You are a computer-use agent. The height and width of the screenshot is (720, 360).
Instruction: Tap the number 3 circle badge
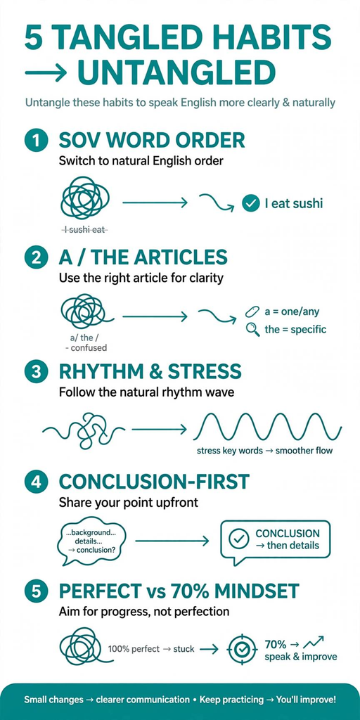click(x=37, y=373)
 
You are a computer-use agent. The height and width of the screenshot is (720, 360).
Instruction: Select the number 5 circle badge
click(x=37, y=591)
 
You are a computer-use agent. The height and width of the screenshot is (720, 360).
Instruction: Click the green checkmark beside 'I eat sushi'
click(x=250, y=203)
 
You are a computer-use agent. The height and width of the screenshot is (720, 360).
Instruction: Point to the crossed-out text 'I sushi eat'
click(x=84, y=230)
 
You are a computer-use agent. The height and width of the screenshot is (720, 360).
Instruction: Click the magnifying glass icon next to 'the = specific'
click(x=253, y=329)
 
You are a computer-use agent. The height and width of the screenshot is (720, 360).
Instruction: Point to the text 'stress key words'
click(x=230, y=451)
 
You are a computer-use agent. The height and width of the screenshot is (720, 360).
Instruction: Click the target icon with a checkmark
click(x=242, y=650)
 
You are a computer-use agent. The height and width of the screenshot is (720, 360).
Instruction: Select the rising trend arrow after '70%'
click(x=314, y=643)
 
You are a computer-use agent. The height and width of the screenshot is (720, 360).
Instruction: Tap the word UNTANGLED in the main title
click(x=176, y=72)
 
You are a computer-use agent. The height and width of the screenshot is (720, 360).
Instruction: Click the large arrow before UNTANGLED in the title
click(x=46, y=72)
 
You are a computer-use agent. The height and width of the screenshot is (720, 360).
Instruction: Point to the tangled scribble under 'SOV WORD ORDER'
click(x=85, y=198)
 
